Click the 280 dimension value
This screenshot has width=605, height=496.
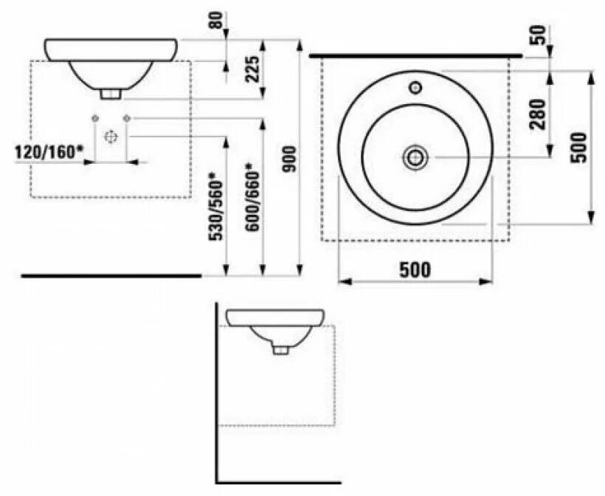[536, 113]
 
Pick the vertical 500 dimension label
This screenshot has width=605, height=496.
[579, 146]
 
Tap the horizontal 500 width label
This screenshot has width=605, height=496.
[415, 269]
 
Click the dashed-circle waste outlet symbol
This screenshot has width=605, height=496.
[111, 137]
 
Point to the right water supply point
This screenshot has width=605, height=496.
[127, 119]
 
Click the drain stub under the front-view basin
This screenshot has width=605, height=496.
[111, 94]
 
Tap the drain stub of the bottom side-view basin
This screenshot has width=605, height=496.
[280, 349]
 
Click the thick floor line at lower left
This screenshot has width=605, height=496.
[111, 275]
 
